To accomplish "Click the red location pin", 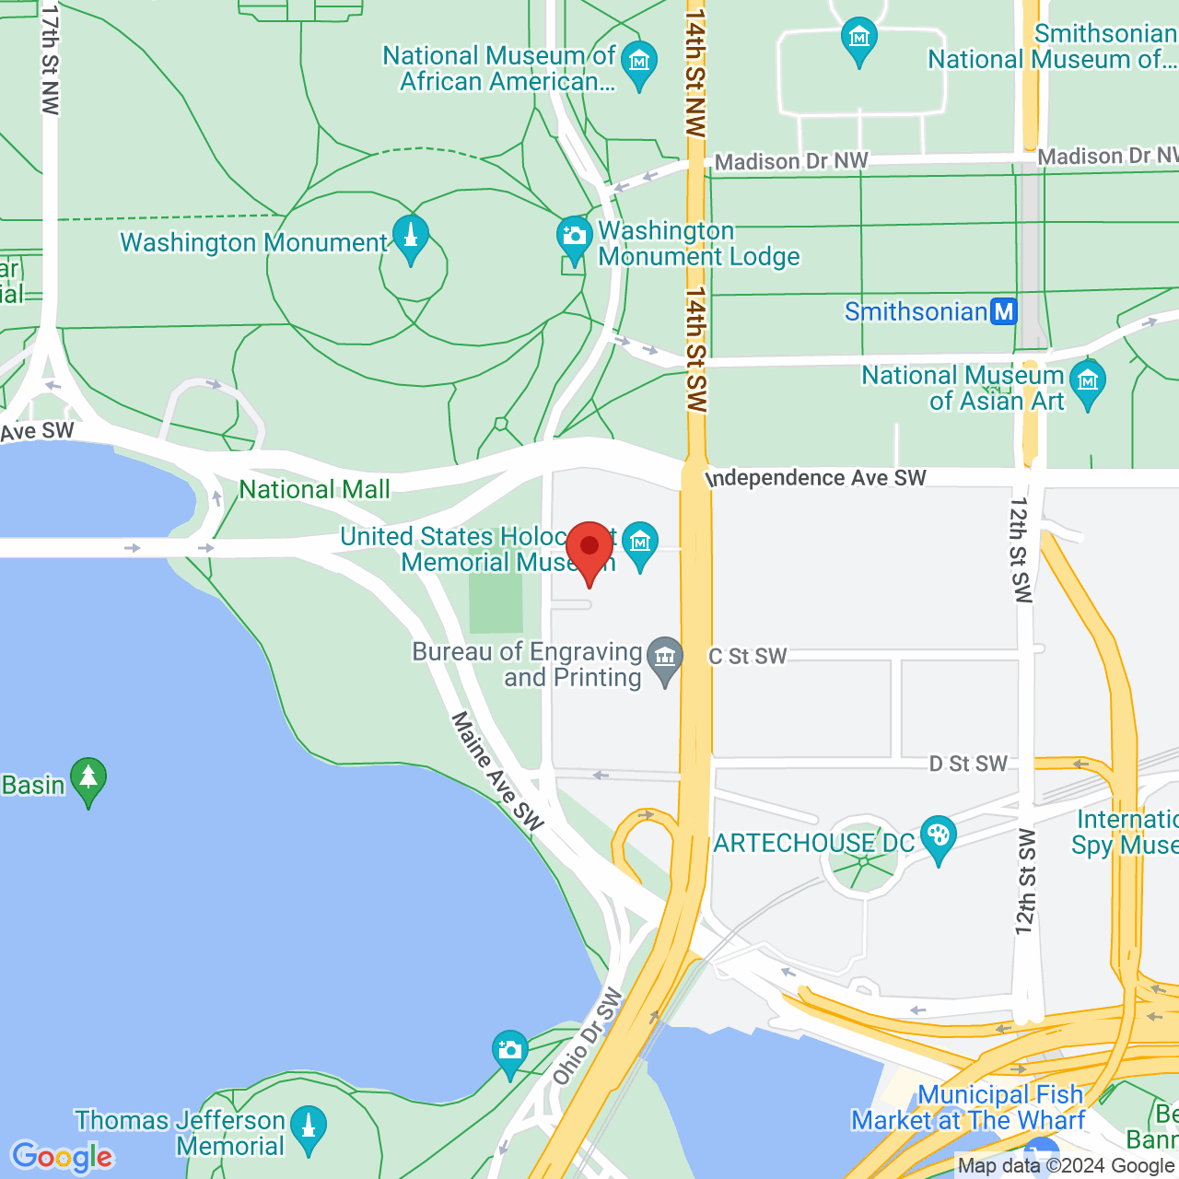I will [589, 549].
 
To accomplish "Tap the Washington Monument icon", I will [411, 238].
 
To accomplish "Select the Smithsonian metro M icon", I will [1004, 311].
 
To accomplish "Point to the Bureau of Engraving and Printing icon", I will [665, 658].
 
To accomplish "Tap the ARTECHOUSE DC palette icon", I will [938, 836].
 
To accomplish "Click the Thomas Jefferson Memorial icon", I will [309, 1127].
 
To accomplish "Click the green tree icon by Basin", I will [88, 779].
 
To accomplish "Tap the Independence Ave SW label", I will [816, 478].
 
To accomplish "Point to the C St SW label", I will [747, 656].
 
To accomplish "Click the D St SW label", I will [967, 764].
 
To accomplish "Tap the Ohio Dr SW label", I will [588, 1036].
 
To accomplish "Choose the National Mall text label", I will [314, 489].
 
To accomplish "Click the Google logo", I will [63, 1157].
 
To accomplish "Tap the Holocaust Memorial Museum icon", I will [640, 543].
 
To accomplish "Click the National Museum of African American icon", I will [638, 62].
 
